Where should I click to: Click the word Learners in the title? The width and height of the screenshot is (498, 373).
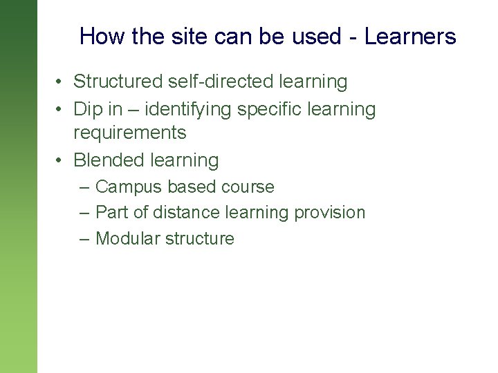point(410,37)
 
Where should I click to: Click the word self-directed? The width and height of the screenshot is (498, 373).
point(221,82)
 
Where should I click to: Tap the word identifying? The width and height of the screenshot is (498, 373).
point(185,109)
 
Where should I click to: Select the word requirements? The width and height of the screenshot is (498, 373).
point(130,132)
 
